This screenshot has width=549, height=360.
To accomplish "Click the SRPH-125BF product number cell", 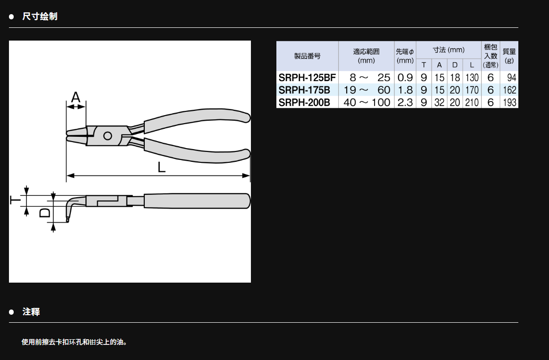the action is coord(307,77).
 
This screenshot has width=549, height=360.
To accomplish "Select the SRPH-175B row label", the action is coord(304,90).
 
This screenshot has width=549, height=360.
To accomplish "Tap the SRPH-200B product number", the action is coord(304,102).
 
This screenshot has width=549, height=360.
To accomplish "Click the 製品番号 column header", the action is coord(307,56).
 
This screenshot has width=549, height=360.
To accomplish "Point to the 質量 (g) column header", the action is coord(509,56).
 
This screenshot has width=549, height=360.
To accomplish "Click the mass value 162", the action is coord(509,90).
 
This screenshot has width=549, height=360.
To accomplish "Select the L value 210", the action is coord(472,102).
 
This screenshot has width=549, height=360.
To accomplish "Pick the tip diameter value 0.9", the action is coord(405,77).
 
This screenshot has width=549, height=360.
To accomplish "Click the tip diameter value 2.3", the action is coord(405,102).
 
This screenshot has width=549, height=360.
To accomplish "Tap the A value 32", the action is coord(440,102).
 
